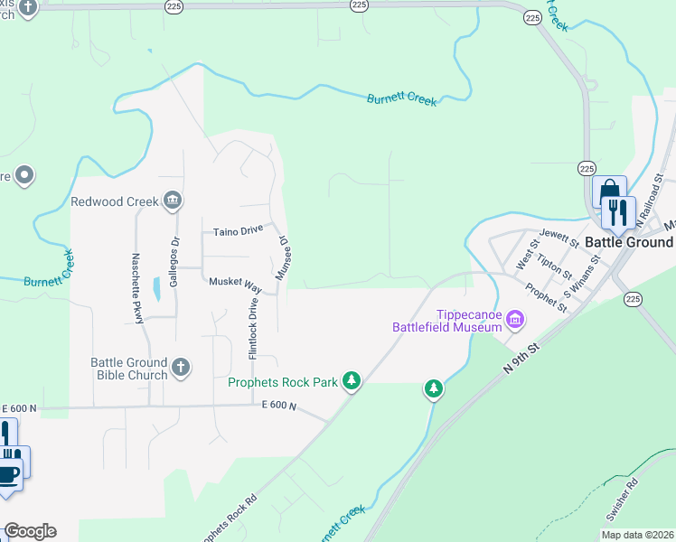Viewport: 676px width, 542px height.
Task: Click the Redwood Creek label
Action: pos(115,201)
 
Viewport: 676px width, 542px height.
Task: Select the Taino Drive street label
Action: pos(238,232)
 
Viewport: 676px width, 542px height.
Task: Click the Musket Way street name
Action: pos(235,283)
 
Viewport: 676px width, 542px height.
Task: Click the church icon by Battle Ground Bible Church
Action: pos(181,367)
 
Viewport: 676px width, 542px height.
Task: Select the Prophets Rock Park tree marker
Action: pos(352,382)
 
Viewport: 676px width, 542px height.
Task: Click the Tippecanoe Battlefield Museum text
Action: pos(446,321)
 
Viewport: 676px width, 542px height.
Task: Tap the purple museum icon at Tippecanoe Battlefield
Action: pos(515,318)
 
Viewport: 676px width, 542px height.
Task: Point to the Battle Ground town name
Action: pos(629,242)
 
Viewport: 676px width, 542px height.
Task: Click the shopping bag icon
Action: pos(608,192)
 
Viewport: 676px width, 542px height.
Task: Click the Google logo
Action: pos(30,531)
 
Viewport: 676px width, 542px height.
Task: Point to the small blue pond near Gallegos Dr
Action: pos(158,289)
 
